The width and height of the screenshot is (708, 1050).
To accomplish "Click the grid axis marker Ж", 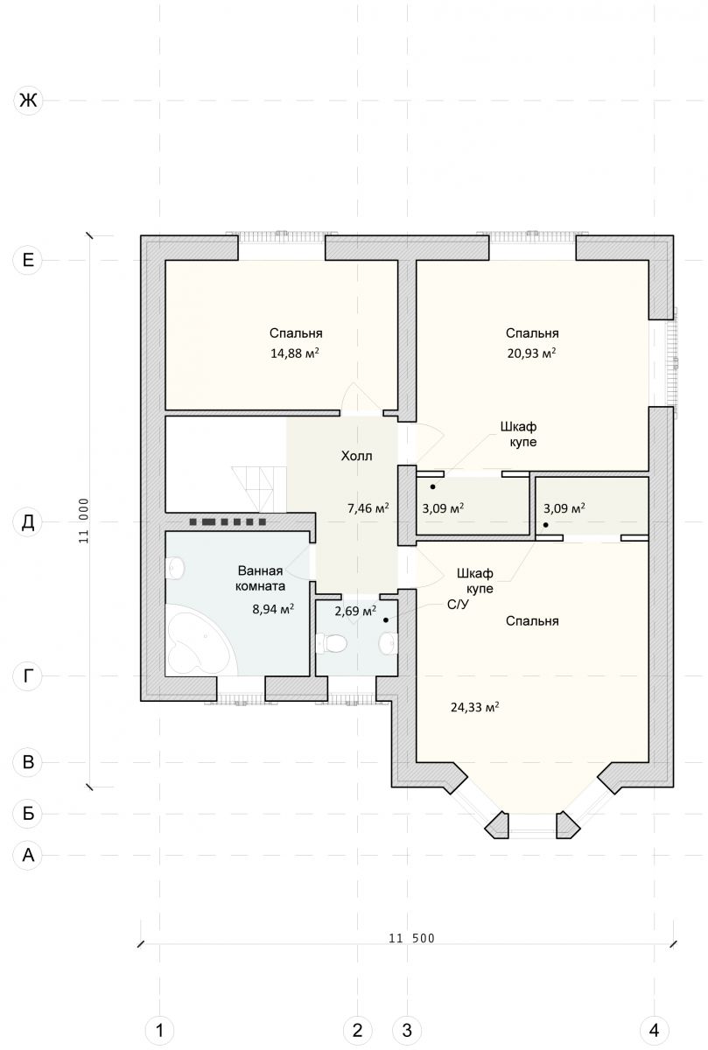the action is (28, 101).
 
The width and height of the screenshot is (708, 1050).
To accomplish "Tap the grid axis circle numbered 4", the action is (654, 1031).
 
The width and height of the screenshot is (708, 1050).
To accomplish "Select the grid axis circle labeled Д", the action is (28, 521).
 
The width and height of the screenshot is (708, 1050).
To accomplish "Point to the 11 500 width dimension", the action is (411, 938).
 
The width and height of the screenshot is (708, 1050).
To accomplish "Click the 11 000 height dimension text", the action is (83, 521).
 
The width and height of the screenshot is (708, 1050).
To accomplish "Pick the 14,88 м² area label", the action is (295, 353).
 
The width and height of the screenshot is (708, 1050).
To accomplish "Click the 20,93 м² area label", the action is (532, 353).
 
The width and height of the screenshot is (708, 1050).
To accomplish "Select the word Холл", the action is (356, 456).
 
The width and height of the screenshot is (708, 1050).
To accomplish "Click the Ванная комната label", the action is (261, 578).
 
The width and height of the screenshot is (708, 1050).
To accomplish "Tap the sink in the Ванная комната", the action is (175, 568).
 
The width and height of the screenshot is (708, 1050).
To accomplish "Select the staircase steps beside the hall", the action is (259, 489).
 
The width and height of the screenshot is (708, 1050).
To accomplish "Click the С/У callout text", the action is (458, 605).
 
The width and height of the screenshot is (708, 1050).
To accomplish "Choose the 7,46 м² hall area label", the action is (368, 507).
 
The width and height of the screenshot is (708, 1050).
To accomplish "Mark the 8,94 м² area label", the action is (273, 609).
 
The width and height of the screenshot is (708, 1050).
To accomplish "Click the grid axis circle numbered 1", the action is (159, 1031).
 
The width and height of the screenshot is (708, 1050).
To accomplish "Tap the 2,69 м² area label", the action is (355, 611).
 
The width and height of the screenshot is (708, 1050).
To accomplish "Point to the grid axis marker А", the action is (28, 855).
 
